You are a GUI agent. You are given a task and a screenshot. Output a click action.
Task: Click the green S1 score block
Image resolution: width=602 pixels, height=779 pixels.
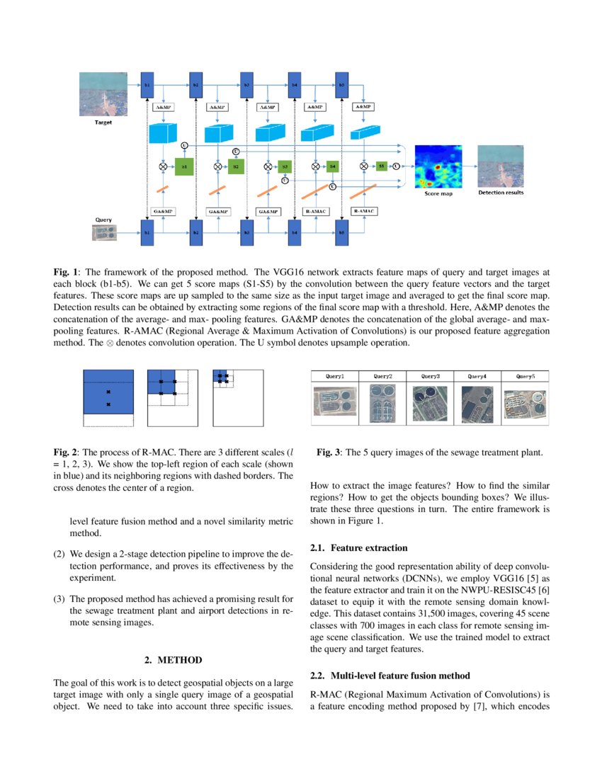click(x=184, y=166)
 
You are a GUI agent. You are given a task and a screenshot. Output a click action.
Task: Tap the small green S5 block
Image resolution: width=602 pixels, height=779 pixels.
click(x=381, y=166)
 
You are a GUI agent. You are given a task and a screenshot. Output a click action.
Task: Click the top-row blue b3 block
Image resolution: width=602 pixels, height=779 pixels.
click(x=246, y=85)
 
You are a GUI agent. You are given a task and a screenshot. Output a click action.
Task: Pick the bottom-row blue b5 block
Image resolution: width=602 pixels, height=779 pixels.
click(x=342, y=232)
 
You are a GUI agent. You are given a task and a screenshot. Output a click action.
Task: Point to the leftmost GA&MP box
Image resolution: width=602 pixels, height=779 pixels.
click(x=164, y=211)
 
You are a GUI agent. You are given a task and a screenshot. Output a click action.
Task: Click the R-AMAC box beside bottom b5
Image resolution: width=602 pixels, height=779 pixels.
click(x=364, y=211)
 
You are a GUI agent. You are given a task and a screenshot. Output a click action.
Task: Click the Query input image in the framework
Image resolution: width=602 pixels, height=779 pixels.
click(x=104, y=232)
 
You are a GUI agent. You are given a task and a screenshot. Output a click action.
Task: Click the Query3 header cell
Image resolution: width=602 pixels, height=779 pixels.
click(x=430, y=376)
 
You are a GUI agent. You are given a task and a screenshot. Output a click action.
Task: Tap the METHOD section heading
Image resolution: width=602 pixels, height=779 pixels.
click(x=174, y=659)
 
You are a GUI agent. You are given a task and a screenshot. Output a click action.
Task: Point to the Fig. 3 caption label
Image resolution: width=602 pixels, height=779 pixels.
click(x=330, y=452)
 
